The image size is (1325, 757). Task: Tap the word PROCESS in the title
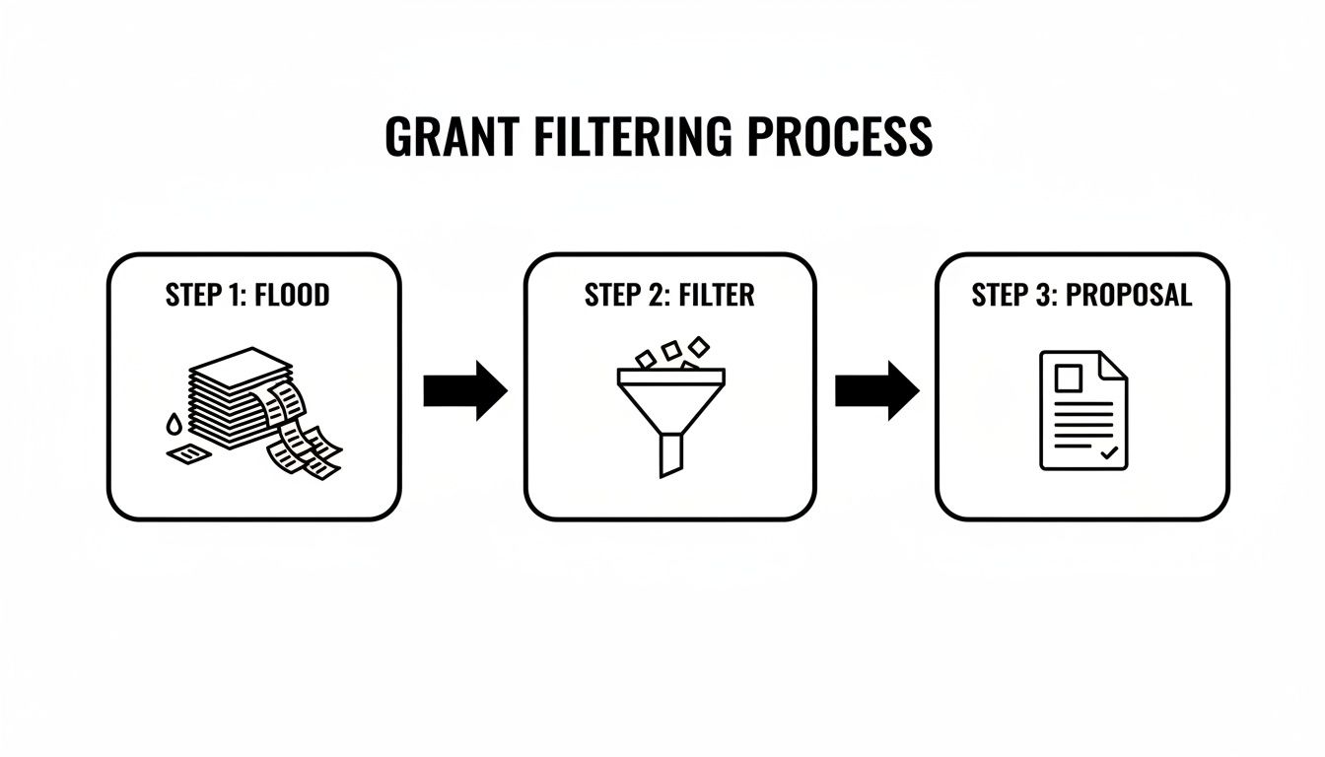point(840,137)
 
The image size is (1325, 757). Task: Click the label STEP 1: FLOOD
point(247,296)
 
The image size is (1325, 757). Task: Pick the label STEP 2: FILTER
point(669,296)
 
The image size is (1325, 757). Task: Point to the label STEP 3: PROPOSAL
point(1081,296)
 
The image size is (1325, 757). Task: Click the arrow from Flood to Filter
point(464,390)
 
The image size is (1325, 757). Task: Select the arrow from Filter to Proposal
point(876,390)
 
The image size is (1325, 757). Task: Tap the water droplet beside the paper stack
point(174,425)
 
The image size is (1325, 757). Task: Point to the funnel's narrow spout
point(670,455)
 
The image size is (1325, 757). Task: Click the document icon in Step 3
point(1083,410)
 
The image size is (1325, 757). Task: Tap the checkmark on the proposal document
point(1109,452)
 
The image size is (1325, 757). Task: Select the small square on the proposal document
point(1068,378)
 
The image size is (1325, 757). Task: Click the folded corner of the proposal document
point(1114,366)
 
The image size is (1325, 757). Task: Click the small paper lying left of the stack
point(187,453)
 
